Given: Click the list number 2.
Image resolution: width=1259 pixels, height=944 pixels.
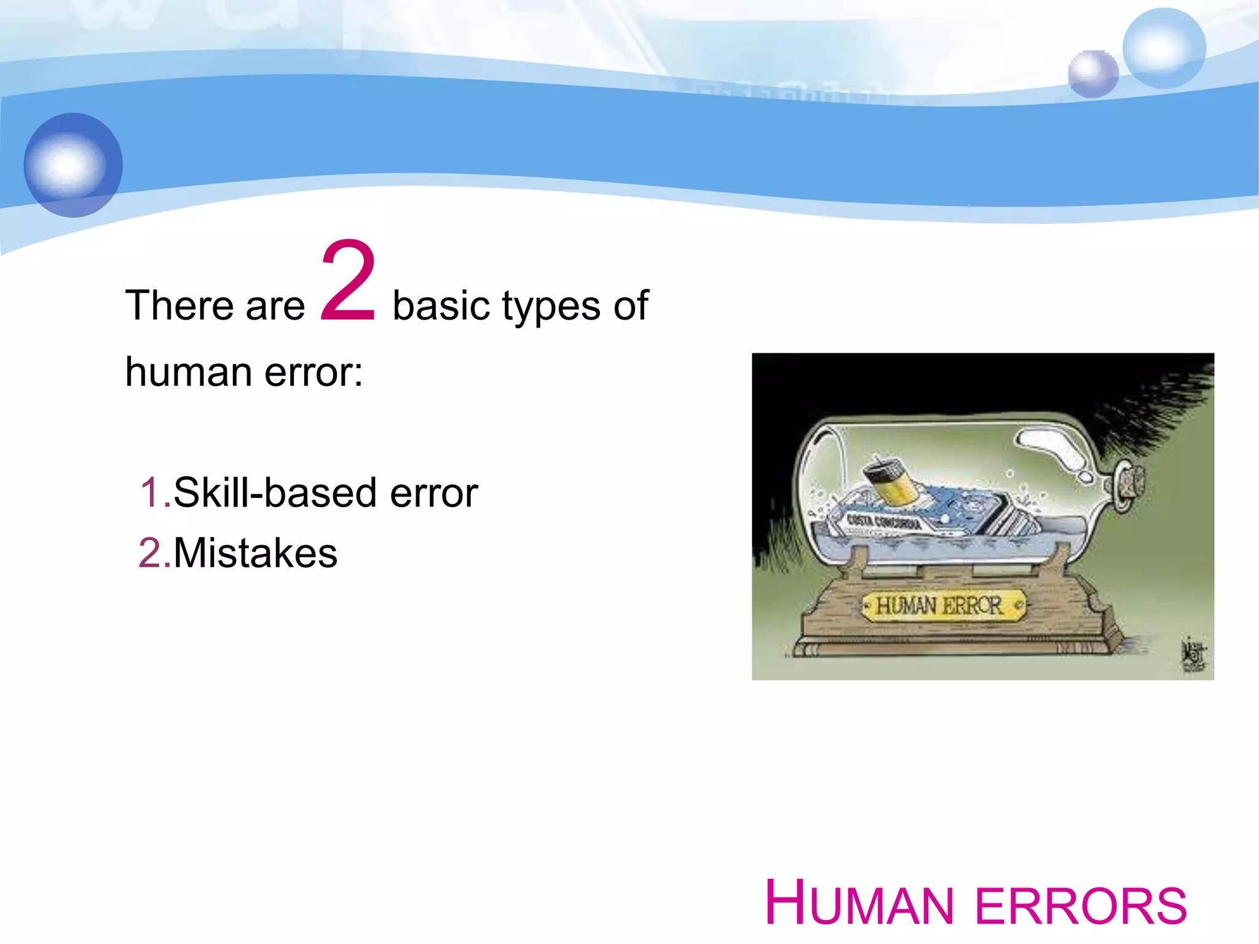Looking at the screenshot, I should click(152, 553).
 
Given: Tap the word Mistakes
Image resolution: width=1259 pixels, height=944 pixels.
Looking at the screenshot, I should click(255, 553).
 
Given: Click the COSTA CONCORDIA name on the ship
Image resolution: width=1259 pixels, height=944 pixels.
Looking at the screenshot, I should click(883, 524).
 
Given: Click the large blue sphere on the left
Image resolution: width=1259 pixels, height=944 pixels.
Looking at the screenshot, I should click(73, 165).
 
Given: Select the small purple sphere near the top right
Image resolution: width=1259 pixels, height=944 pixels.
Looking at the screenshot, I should click(1092, 74).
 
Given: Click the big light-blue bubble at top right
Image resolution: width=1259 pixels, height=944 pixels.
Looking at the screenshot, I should click(1163, 48).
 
